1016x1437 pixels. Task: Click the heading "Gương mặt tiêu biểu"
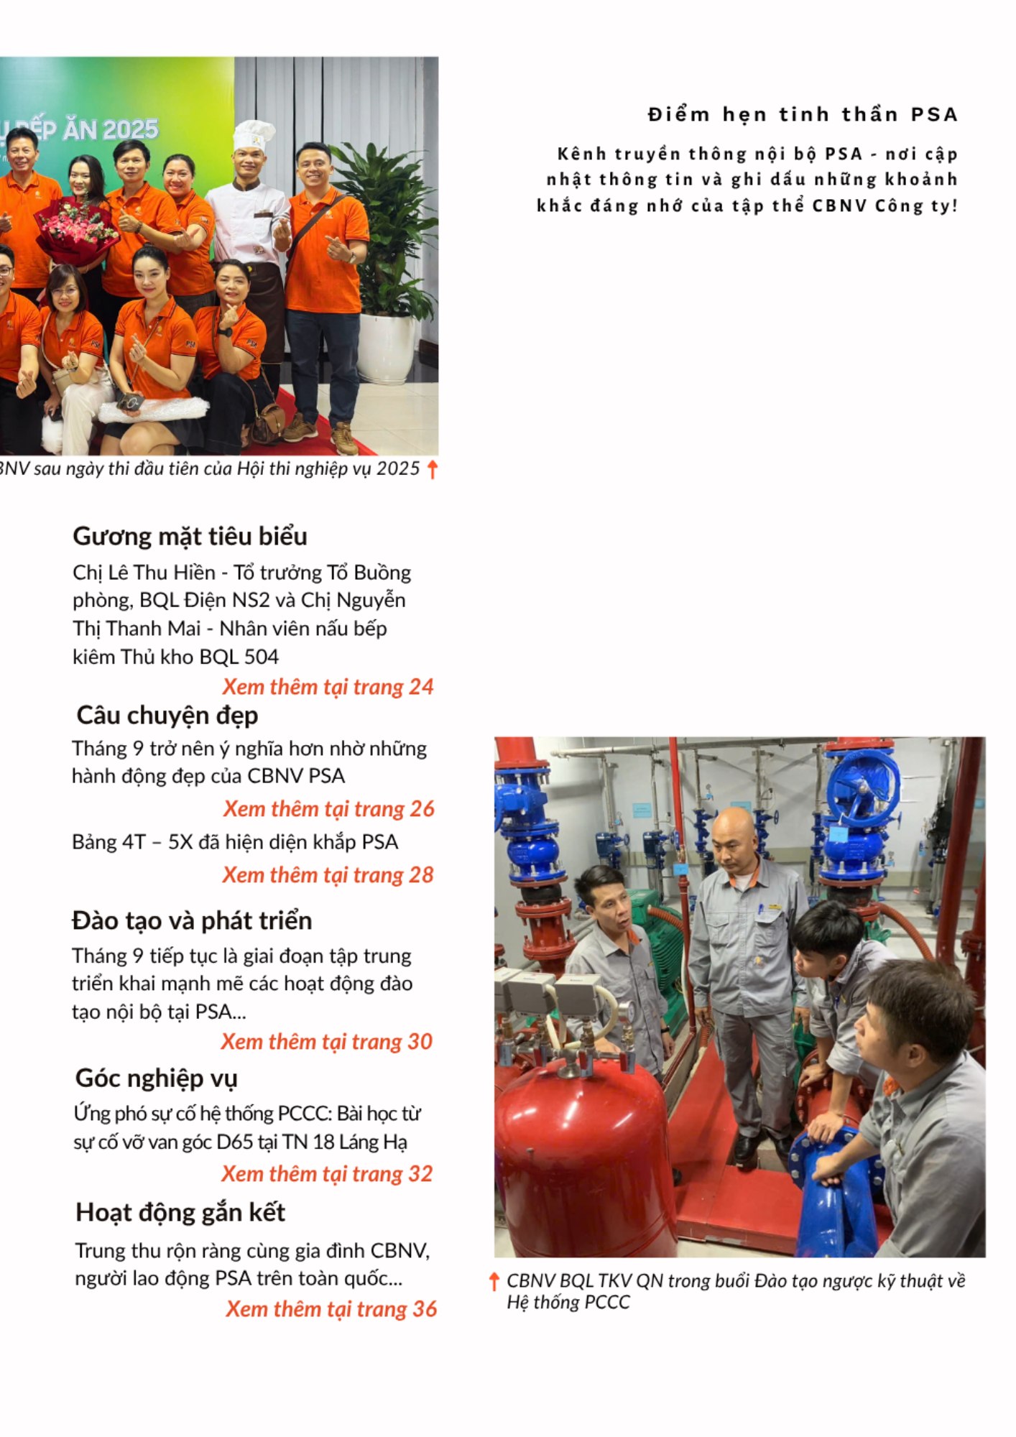tap(190, 537)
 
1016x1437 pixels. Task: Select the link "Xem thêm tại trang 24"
tap(328, 687)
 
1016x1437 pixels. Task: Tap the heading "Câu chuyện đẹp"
tap(167, 716)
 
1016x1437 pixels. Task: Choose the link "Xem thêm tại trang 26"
tap(328, 809)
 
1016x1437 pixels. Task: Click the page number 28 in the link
tap(421, 875)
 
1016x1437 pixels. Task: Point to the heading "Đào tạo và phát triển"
tap(192, 921)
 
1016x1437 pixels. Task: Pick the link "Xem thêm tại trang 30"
tap(326, 1042)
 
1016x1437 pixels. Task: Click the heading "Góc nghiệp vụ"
tap(156, 1078)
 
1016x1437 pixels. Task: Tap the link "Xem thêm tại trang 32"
tap(327, 1174)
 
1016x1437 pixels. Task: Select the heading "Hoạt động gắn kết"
tap(180, 1213)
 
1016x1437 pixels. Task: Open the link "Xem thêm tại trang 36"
tap(331, 1309)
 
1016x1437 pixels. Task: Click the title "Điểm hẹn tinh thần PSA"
tap(803, 115)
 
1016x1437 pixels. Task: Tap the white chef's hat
tap(253, 136)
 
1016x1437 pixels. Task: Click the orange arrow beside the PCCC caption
tap(494, 1281)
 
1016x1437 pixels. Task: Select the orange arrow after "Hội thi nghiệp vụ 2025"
tap(432, 470)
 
